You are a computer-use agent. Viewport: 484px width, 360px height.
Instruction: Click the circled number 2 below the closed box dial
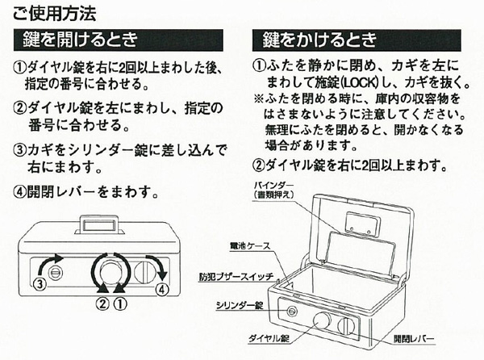pyautogui.click(x=102, y=304)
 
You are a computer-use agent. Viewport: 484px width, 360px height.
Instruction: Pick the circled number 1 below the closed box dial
pyautogui.click(x=119, y=304)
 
